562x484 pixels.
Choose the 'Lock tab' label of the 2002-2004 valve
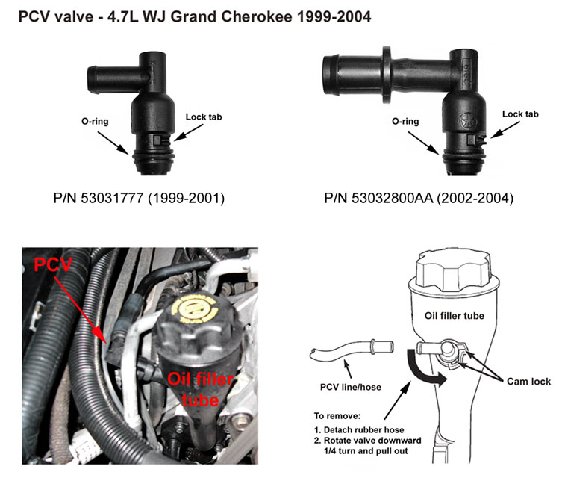(520, 114)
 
